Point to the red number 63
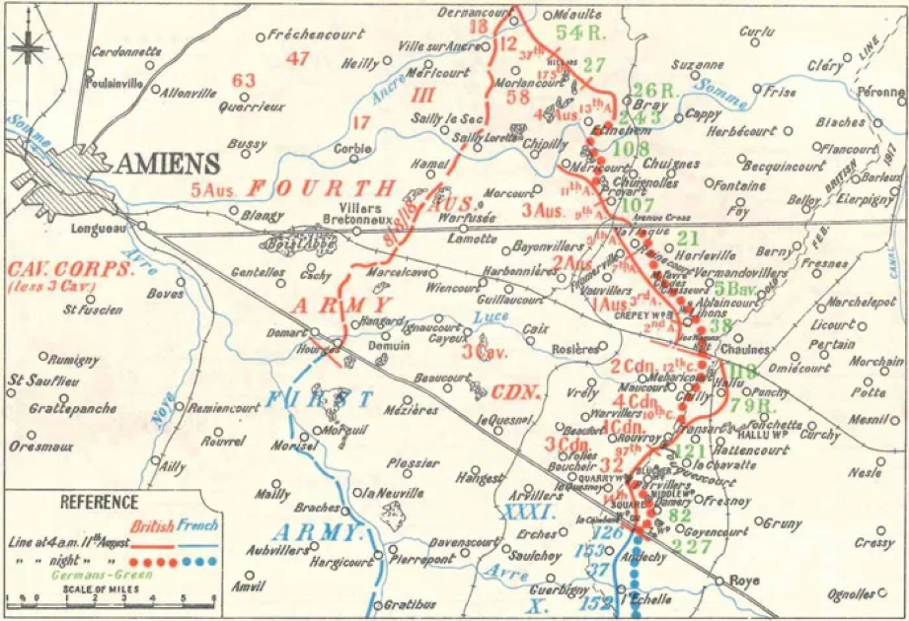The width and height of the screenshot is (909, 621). [x=243, y=82]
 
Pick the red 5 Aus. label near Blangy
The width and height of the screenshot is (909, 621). [x=215, y=188]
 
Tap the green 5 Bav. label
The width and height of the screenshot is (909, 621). [x=735, y=289]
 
